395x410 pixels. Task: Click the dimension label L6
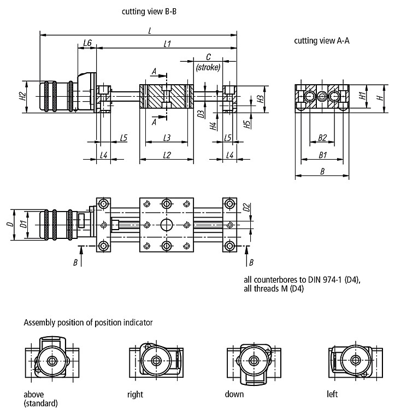(87, 43)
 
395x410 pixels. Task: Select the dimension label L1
(167, 43)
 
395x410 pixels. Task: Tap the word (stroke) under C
(208, 67)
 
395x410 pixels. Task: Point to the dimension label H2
(23, 96)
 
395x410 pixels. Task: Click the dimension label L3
(167, 138)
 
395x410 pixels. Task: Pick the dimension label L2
(167, 155)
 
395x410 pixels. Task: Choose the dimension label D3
(201, 114)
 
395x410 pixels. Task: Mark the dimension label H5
(247, 124)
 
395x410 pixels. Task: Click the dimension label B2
(322, 138)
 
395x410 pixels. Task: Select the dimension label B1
(323, 155)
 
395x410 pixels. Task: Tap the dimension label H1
(362, 96)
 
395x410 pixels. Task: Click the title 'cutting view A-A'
(322, 41)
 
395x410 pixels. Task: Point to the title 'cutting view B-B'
(149, 11)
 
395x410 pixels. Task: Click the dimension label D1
(24, 224)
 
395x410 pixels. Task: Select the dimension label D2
(246, 207)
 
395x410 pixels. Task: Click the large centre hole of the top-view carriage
(167, 225)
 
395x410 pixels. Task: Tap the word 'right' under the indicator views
(135, 394)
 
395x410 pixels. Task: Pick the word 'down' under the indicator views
(234, 394)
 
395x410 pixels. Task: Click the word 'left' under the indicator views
(332, 394)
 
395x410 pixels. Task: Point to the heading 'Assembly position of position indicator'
(89, 323)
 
